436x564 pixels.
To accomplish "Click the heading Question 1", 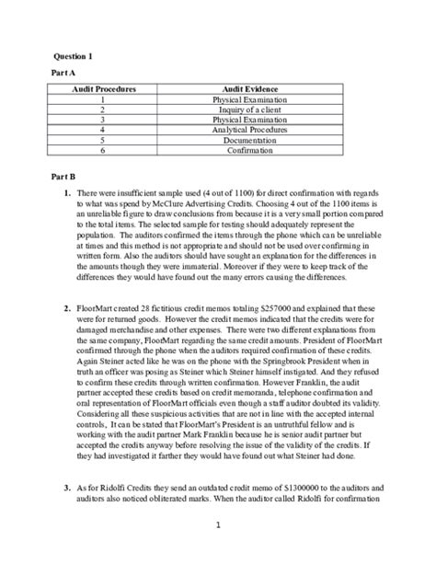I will [x=67, y=55].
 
